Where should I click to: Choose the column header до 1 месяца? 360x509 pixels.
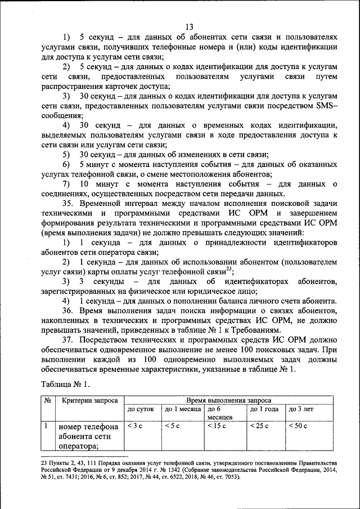183,409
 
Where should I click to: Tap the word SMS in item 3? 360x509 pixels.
323,107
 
